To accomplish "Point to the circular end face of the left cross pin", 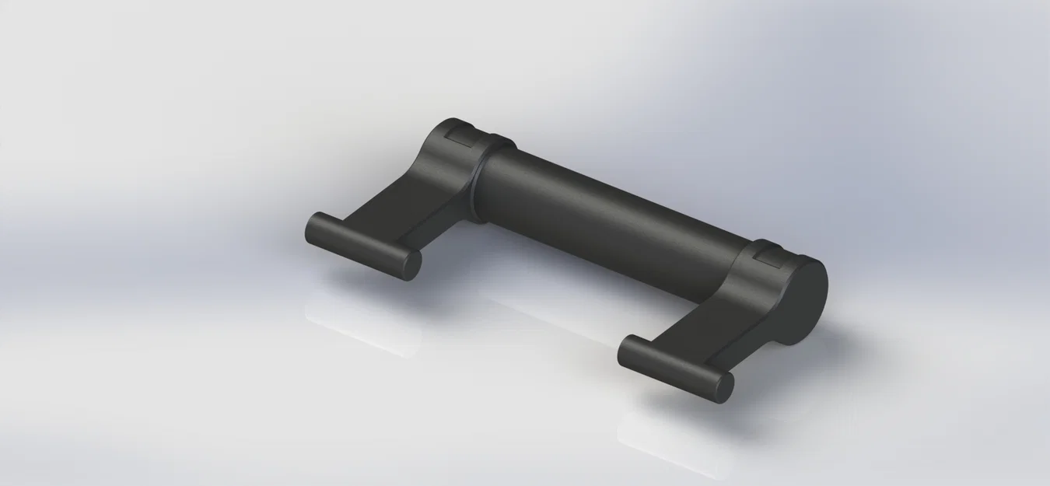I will [409, 264].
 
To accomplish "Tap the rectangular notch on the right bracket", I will [769, 253].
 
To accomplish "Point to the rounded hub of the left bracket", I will [451, 156].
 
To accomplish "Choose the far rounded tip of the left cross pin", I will [311, 226].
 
